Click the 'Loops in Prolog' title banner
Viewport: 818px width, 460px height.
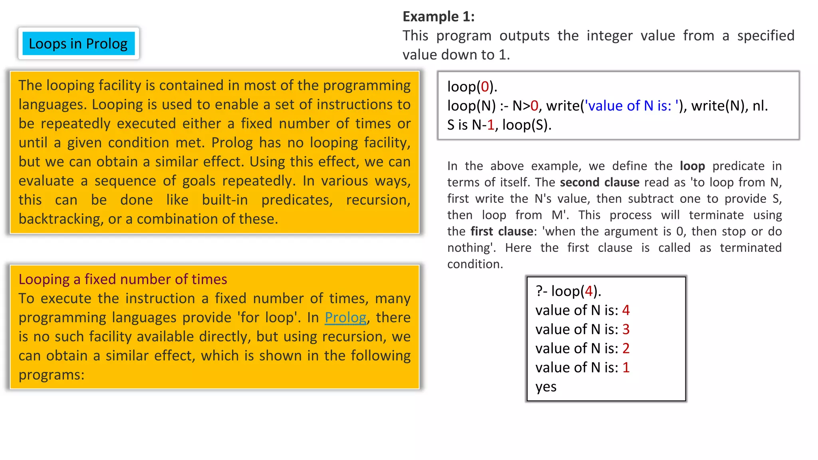click(x=78, y=44)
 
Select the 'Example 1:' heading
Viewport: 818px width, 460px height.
click(x=438, y=16)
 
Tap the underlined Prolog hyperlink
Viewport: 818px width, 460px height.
click(x=345, y=317)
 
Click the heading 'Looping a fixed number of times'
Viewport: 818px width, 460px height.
click(x=123, y=279)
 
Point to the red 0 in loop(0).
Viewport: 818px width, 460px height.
click(x=485, y=87)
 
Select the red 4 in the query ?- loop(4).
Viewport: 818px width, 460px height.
click(x=588, y=291)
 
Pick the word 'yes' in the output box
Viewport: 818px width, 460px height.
click(x=546, y=387)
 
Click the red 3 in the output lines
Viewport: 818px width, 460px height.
click(x=626, y=329)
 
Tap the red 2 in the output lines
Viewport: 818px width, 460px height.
click(x=626, y=349)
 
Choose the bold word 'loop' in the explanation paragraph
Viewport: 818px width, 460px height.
click(x=692, y=166)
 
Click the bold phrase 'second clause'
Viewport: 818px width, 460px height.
click(x=600, y=182)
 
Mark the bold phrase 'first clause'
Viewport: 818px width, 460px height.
click(x=502, y=231)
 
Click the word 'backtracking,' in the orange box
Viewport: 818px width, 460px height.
click(x=61, y=219)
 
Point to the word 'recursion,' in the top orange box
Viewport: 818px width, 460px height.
click(x=378, y=200)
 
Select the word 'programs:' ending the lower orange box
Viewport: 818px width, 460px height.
click(x=52, y=375)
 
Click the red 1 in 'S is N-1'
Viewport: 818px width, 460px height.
click(x=490, y=125)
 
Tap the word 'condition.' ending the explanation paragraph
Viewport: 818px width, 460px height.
click(x=475, y=264)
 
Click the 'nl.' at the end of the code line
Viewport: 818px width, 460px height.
click(x=760, y=106)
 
